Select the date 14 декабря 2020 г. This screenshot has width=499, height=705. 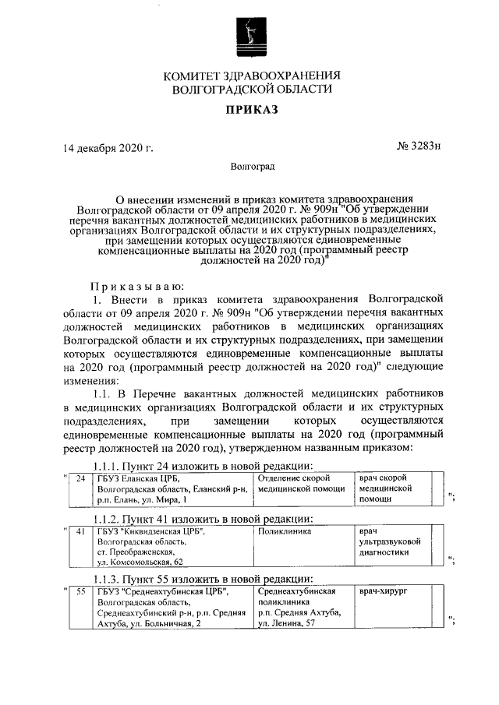point(108,146)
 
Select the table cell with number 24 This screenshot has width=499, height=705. point(80,488)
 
